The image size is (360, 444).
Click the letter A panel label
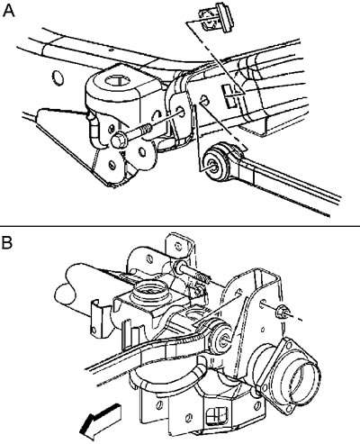pyautogui.click(x=8, y=12)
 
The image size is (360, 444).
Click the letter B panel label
pyautogui.click(x=7, y=242)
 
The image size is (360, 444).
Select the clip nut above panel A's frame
pyautogui.click(x=217, y=19)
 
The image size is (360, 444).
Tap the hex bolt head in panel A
pyautogui.click(x=118, y=140)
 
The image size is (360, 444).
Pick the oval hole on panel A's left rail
pyautogui.click(x=58, y=78)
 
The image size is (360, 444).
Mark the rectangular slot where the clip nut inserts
pyautogui.click(x=230, y=96)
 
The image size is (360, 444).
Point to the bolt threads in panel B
pyautogui.click(x=202, y=277)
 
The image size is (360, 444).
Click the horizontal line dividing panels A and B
pyautogui.click(x=180, y=225)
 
